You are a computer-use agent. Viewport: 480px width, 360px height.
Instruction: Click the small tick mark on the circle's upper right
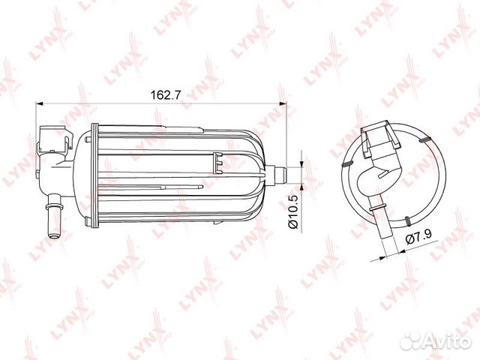pos(424,139)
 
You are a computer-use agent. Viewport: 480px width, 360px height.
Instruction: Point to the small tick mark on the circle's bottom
pos(406,220)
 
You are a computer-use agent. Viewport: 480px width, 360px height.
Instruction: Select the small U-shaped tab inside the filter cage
pos(218,158)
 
